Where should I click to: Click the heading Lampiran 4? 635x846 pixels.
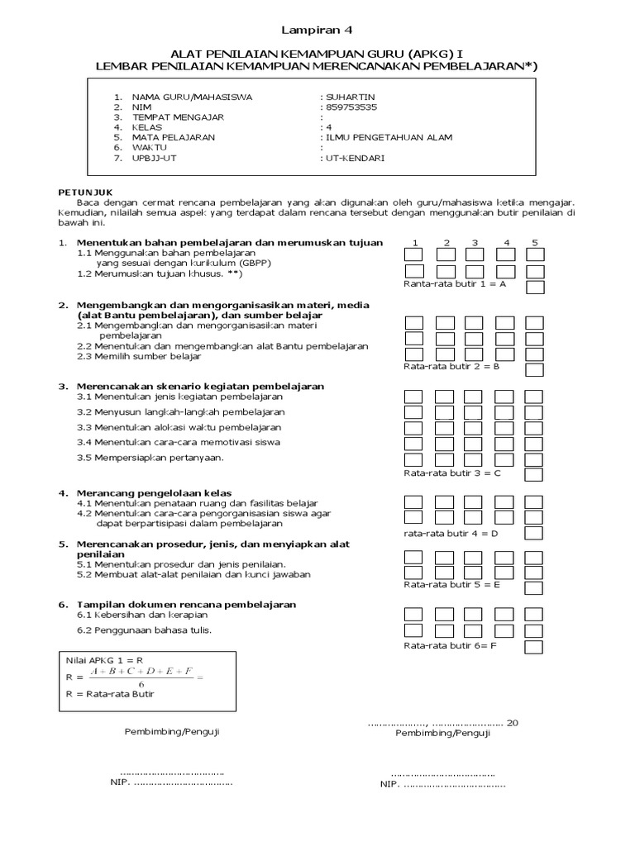[x=317, y=31]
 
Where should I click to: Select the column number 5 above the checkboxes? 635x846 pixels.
[x=535, y=243]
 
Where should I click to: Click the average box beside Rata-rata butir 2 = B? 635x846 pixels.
[x=535, y=368]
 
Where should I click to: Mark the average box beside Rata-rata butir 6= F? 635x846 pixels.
[x=535, y=647]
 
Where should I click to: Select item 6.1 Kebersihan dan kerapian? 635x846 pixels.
[x=141, y=615]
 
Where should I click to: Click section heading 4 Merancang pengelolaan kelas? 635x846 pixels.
[x=153, y=493]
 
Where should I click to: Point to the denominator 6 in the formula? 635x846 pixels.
[x=142, y=684]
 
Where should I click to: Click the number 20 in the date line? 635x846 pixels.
[x=512, y=723]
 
